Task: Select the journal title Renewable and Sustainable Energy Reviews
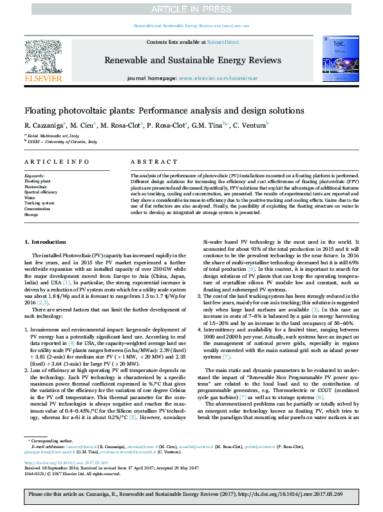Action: point(192,61)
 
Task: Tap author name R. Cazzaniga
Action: point(45,125)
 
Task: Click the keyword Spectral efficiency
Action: point(39,192)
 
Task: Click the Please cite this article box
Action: point(191,495)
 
